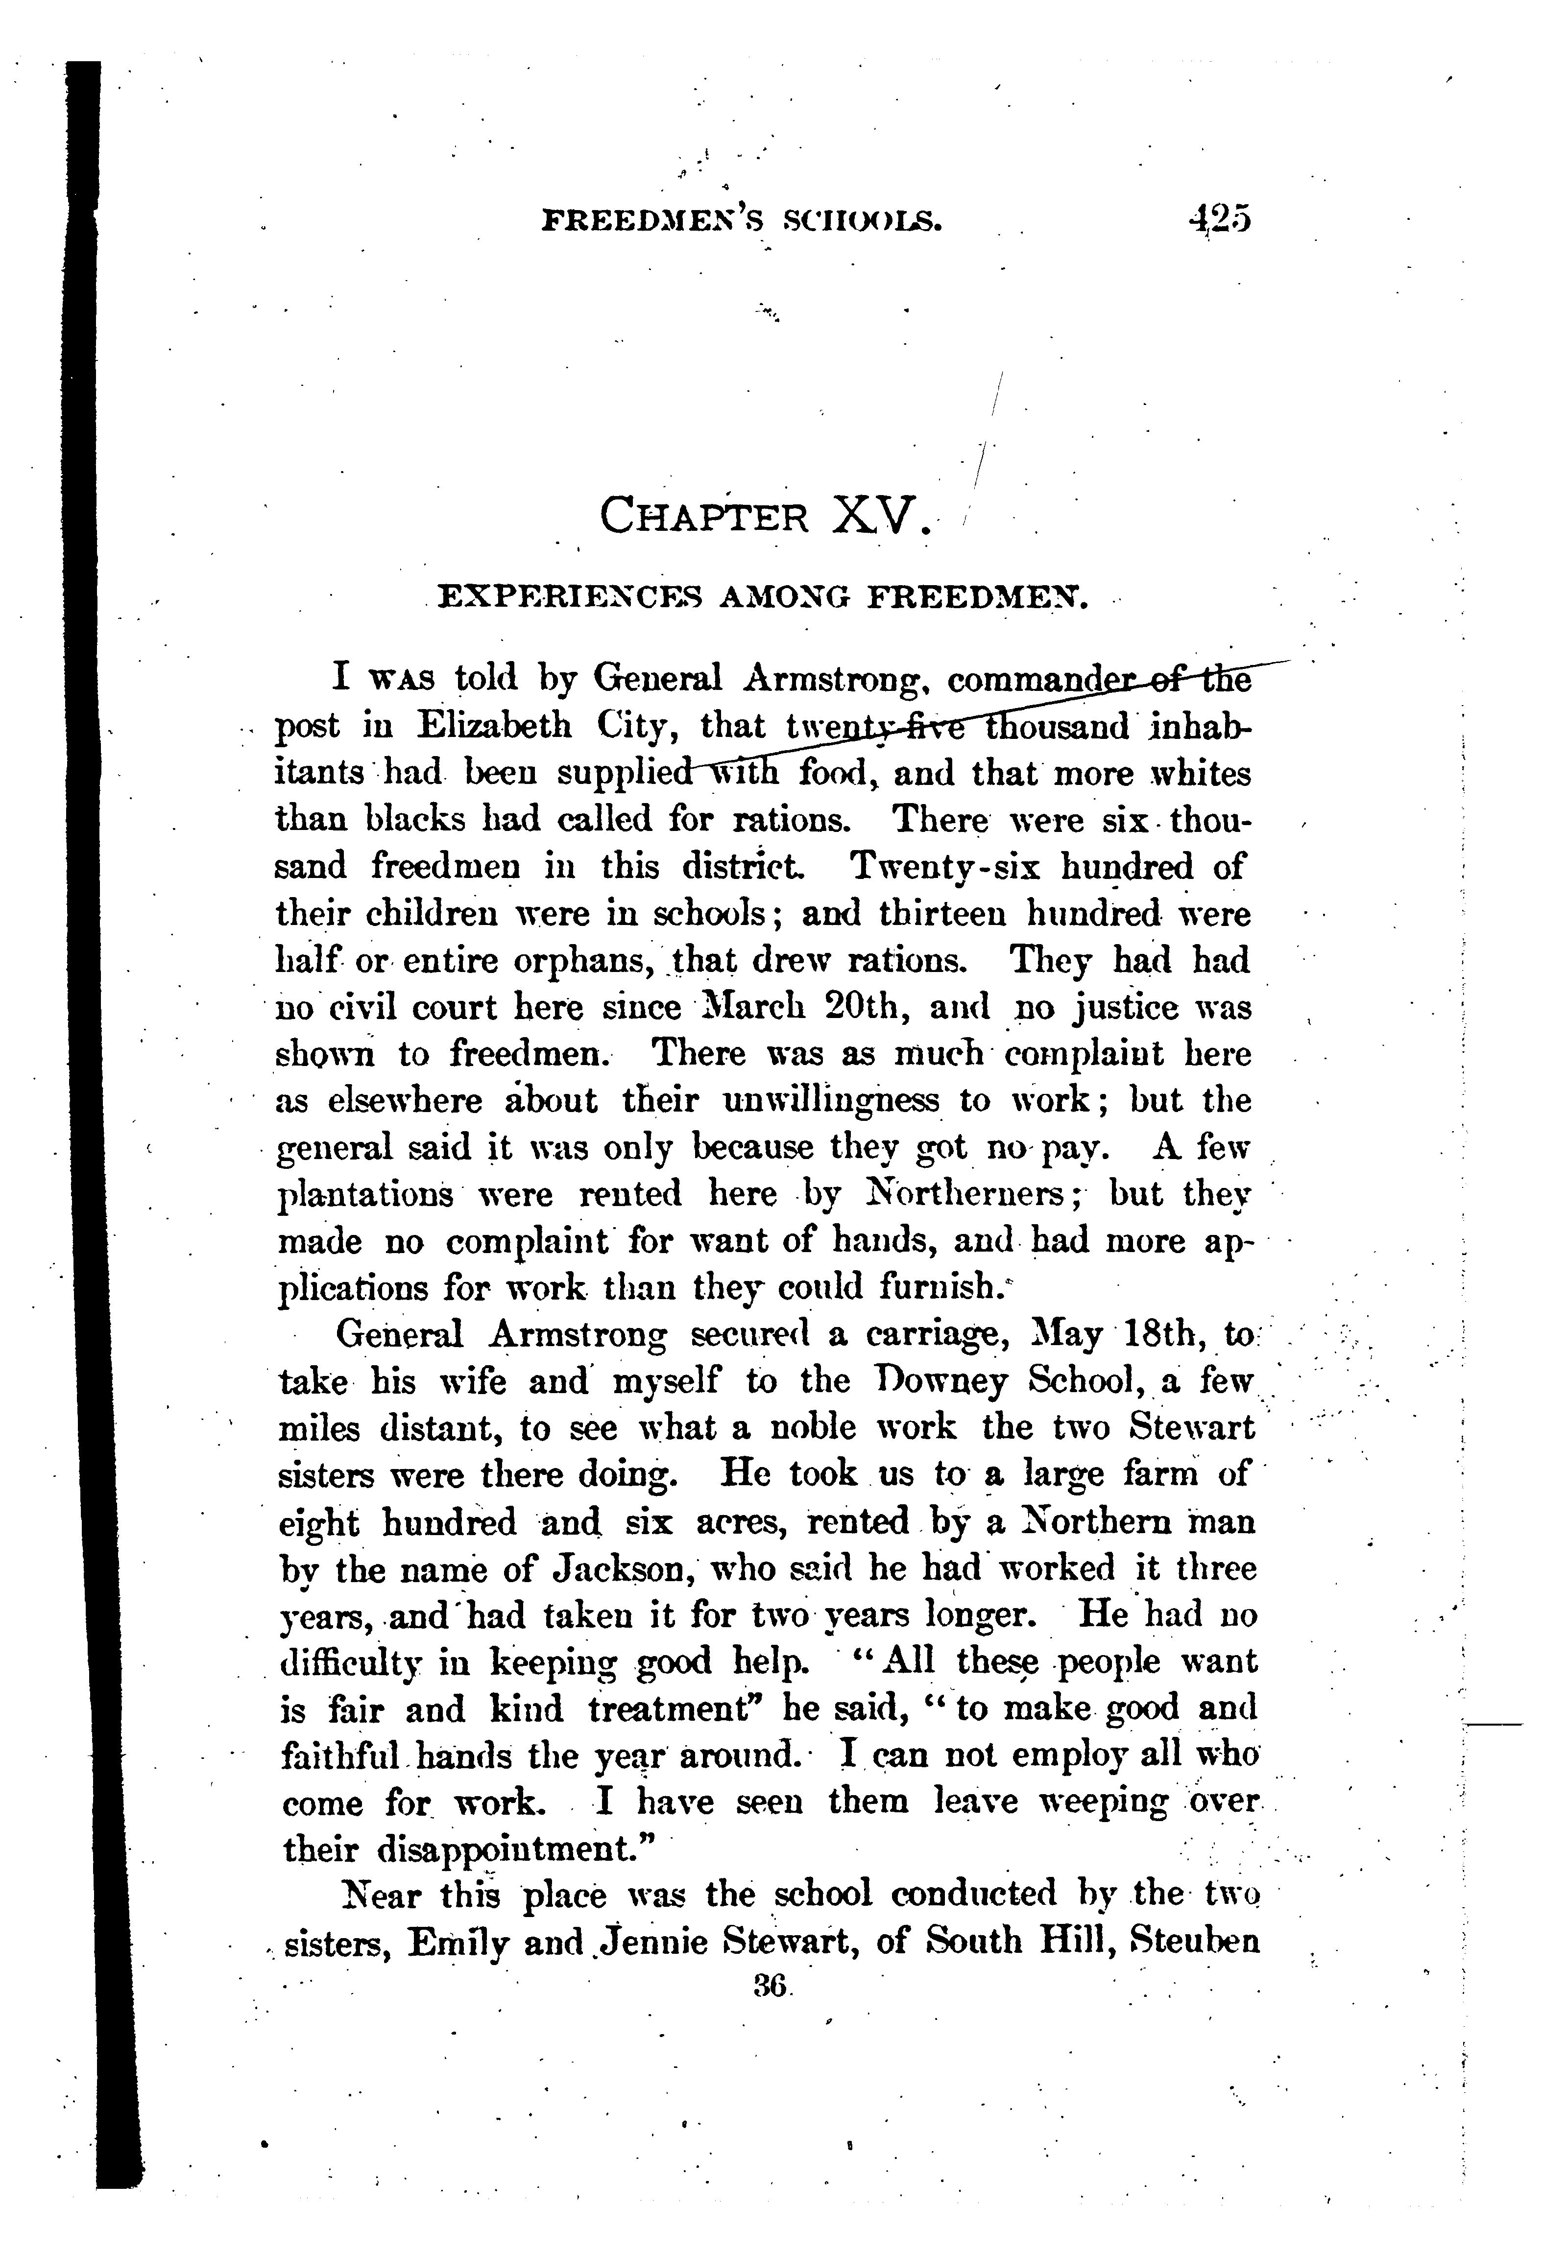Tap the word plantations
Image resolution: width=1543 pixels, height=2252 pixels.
[x=365, y=1194]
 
